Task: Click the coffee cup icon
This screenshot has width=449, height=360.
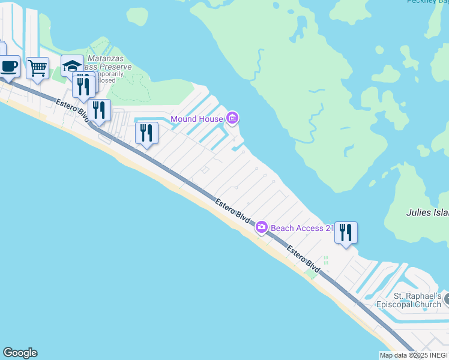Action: (9, 67)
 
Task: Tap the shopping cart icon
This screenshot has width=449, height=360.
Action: (38, 68)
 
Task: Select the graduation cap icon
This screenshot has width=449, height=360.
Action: (72, 65)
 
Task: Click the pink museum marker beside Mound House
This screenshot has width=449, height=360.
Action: (232, 118)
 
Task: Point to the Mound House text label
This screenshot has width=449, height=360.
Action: (197, 119)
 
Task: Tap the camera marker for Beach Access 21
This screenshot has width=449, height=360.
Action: (262, 227)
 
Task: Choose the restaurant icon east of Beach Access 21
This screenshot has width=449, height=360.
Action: (346, 232)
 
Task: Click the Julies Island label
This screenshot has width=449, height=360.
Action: (427, 212)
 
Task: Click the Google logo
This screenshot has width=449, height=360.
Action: (20, 353)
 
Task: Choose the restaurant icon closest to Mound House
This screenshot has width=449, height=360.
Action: (146, 133)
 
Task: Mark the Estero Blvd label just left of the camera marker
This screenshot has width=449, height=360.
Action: (232, 209)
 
